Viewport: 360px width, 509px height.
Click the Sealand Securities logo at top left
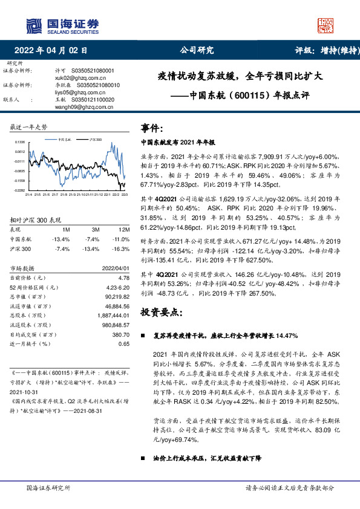coord(62,25)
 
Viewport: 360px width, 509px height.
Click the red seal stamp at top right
coord(326,25)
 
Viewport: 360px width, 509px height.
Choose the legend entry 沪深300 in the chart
coord(95,139)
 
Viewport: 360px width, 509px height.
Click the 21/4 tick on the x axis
coord(28,194)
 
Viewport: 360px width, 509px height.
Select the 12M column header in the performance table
coord(125,230)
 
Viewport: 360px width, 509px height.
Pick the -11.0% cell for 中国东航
coord(122,239)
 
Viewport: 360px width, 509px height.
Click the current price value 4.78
coord(125,277)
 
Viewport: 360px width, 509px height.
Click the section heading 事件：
coord(152,129)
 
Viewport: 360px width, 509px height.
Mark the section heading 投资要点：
coord(161,312)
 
